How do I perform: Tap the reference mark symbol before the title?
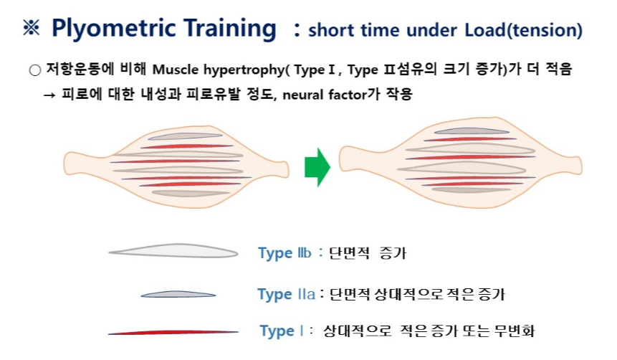pyautogui.click(x=32, y=29)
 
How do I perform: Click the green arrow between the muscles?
pyautogui.click(x=317, y=166)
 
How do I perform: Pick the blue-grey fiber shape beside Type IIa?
pyautogui.click(x=177, y=294)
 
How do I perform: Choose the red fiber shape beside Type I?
pyautogui.click(x=173, y=333)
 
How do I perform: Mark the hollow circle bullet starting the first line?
pyautogui.click(x=34, y=71)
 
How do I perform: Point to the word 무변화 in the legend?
pyautogui.click(x=517, y=331)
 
